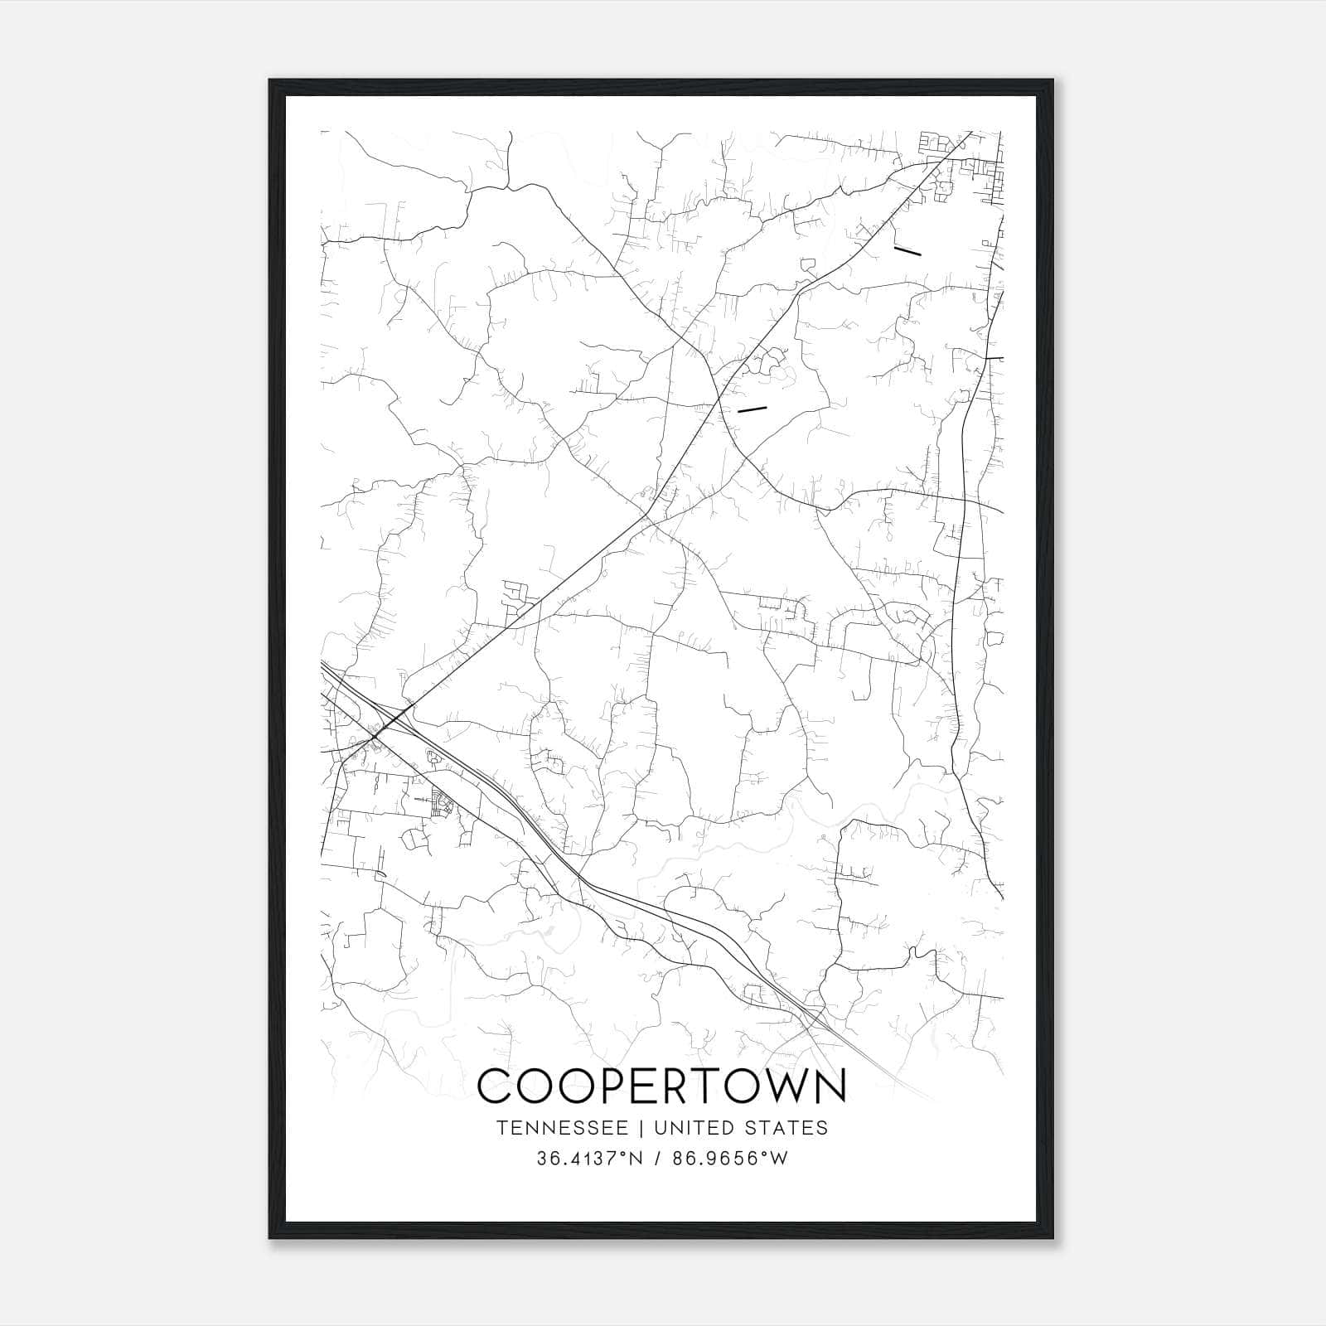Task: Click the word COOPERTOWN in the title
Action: pyautogui.click(x=662, y=1086)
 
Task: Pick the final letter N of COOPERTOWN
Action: pyautogui.click(x=829, y=1086)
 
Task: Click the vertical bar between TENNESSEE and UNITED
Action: pyautogui.click(x=646, y=1128)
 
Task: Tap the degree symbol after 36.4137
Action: pyautogui.click(x=622, y=1154)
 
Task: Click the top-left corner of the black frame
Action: pyautogui.click(x=270, y=80)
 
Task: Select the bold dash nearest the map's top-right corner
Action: pyautogui.click(x=907, y=249)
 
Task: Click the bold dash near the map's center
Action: pyautogui.click(x=753, y=409)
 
